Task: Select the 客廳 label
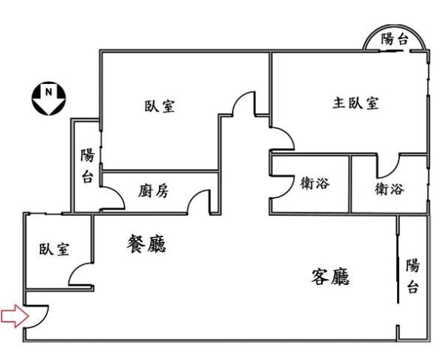pos(331,277)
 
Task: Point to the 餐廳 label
pos(146,244)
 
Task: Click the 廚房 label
pos(153,190)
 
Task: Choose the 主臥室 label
pos(355,103)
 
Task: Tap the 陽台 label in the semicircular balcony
pos(395,40)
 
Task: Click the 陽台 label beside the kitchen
pos(88,166)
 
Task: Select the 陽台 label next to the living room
pos(412,276)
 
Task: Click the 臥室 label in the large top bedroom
pos(160,105)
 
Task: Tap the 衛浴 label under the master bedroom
pos(389,189)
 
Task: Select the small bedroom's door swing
pos(80,276)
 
